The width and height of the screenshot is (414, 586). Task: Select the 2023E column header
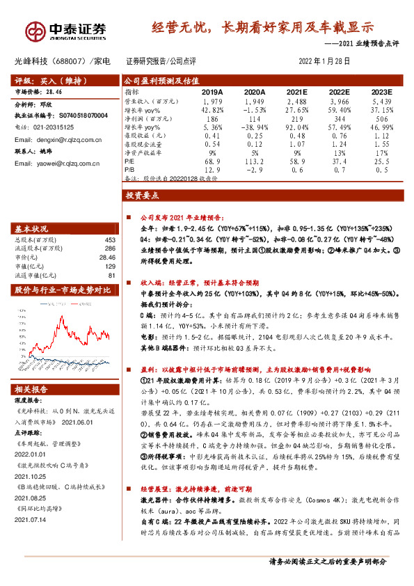click(x=381, y=92)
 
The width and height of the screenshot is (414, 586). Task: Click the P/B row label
click(x=129, y=169)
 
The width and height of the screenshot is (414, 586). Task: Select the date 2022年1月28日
click(x=324, y=61)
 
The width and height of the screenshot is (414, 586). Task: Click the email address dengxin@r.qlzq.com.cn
click(x=57, y=139)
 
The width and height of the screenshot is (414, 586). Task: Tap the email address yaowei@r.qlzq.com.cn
click(x=56, y=164)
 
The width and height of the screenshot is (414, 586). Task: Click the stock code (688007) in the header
click(x=69, y=61)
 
